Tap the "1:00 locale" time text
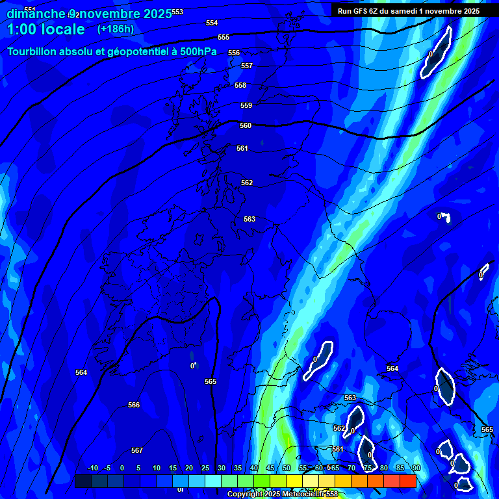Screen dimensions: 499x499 click(45, 29)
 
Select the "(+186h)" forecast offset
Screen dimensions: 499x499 click(116, 29)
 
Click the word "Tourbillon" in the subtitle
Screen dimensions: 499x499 click(38, 51)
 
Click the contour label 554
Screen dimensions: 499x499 click(212, 23)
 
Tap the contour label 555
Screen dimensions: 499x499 click(224, 37)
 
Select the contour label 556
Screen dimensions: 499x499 click(234, 53)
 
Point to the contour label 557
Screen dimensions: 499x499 click(247, 66)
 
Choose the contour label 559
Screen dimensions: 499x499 click(246, 105)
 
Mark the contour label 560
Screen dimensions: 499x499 click(246, 125)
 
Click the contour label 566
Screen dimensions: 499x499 click(134, 405)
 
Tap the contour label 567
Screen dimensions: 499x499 click(137, 450)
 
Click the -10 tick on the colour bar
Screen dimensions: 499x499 click(92, 468)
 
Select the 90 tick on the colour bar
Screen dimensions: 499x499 click(416, 468)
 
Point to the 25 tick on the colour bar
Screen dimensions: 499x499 click(205, 468)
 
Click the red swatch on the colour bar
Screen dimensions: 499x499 click(408, 481)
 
